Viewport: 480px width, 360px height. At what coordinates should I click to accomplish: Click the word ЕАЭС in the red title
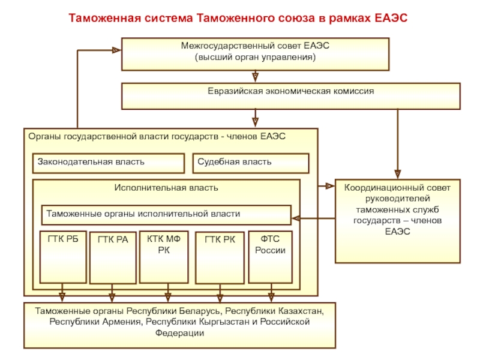coord(391,18)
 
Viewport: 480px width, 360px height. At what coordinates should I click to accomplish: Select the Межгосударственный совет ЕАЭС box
coord(256,54)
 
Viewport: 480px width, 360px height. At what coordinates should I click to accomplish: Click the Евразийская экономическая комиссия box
coord(291,96)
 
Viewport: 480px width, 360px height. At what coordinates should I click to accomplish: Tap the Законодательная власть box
coord(109,163)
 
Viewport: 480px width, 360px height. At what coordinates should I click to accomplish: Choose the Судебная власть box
coord(251,163)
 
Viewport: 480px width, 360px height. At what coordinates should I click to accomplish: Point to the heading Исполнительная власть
coord(166,188)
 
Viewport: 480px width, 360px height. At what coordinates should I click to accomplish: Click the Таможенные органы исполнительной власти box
coord(166,215)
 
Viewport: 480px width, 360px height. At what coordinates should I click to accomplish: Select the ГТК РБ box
coord(63,257)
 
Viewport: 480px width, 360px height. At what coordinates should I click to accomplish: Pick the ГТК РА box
coord(113,258)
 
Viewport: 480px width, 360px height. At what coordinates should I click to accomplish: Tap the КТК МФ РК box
coord(164,257)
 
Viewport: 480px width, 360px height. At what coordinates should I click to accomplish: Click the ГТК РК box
coord(220,258)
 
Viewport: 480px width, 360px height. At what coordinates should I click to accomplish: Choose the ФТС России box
coord(271,257)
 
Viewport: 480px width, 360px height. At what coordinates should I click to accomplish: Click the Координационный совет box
coord(398,221)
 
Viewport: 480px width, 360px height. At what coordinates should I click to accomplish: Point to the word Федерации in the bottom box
coord(179,333)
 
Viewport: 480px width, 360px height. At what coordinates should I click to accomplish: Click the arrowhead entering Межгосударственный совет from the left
coord(117,50)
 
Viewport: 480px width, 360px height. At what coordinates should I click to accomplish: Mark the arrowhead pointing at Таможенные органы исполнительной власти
coord(296,218)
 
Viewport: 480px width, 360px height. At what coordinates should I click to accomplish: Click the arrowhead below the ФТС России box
coord(271,297)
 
